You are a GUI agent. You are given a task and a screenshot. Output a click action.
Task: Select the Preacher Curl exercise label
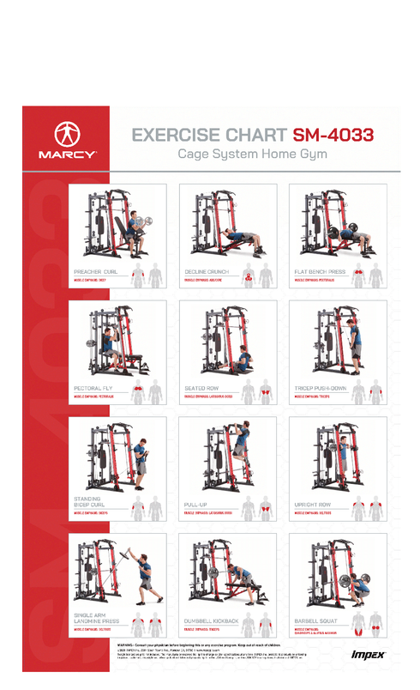[95, 271]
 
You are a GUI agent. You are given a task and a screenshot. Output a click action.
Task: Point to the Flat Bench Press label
[320, 271]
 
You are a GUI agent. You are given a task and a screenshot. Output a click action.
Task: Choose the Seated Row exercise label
[201, 388]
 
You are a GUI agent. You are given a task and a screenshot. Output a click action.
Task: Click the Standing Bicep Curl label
[88, 501]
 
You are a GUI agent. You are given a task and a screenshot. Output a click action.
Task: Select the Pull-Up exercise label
[196, 505]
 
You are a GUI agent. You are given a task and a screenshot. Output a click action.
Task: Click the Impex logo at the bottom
[368, 655]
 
